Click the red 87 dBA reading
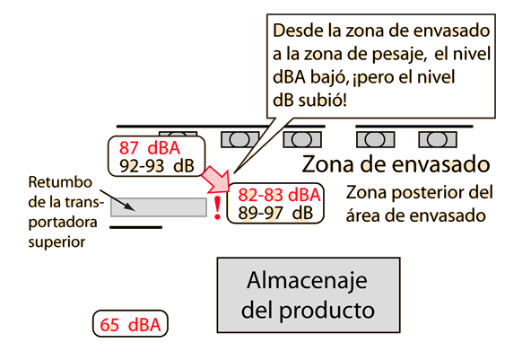[x=150, y=148]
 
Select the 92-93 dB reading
[x=157, y=166]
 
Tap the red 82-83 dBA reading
[x=279, y=195]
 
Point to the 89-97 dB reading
[x=275, y=213]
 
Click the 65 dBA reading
[x=130, y=325]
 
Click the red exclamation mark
[x=217, y=208]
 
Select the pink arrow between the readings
[x=216, y=180]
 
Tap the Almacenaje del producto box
[x=309, y=295]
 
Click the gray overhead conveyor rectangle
[x=159, y=207]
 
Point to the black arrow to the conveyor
[x=117, y=200]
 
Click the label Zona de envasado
[x=396, y=164]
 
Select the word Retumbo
[x=60, y=182]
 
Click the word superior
[x=57, y=242]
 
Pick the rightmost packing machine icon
[x=438, y=140]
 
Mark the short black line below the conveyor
[x=135, y=227]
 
